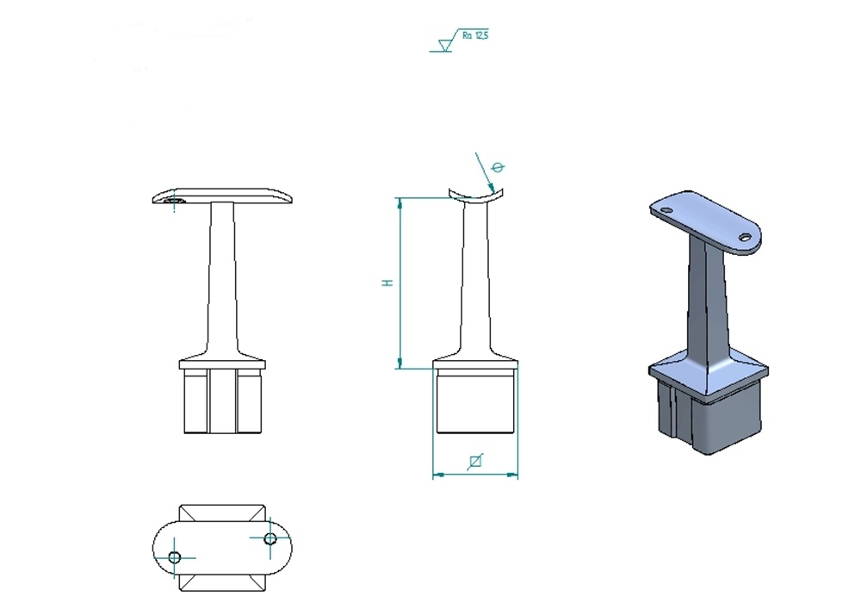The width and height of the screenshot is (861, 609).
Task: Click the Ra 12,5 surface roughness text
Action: [475, 35]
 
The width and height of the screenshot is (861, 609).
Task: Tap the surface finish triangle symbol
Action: [445, 45]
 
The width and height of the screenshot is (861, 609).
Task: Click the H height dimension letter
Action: [387, 283]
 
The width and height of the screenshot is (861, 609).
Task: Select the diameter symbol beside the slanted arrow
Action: [498, 167]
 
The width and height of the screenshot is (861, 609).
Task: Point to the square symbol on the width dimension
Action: [475, 462]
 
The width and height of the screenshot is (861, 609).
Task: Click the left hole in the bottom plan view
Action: [175, 557]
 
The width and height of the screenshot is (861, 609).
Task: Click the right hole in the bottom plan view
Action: [270, 538]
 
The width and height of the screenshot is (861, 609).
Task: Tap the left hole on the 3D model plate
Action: [666, 210]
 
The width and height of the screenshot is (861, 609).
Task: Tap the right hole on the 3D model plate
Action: [745, 237]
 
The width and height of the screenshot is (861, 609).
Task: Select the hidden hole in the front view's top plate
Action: [175, 201]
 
